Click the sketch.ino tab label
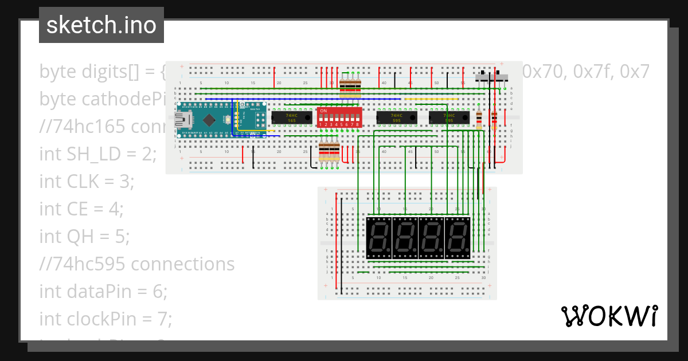[x=101, y=25]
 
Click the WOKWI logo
[x=609, y=316]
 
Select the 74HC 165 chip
[x=291, y=117]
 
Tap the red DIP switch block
[x=339, y=117]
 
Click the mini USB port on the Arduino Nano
[x=182, y=120]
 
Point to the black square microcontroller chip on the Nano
[x=210, y=120]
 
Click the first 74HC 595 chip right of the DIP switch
[x=396, y=117]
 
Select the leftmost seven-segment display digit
[x=378, y=237]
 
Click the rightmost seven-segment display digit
[x=457, y=237]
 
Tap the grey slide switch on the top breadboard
[x=492, y=77]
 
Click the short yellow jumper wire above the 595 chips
[x=431, y=99]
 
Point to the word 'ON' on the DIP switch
[x=323, y=111]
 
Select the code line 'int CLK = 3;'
[x=87, y=181]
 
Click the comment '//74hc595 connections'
[x=137, y=264]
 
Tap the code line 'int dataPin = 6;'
[x=103, y=291]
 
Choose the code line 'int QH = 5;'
[x=84, y=236]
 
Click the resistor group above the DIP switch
[x=350, y=87]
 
